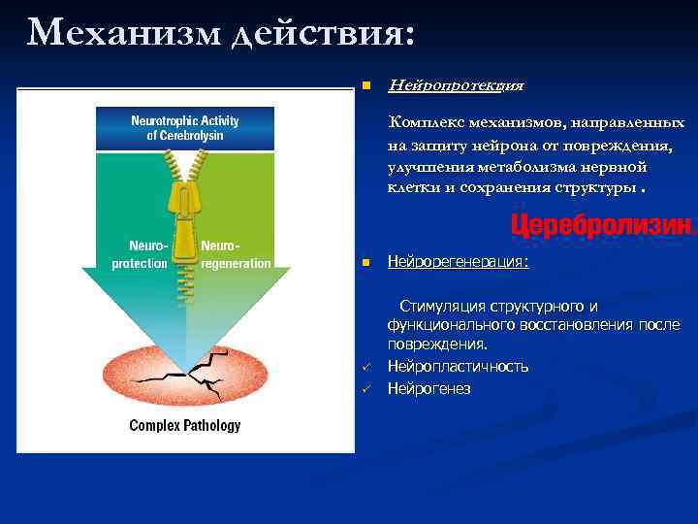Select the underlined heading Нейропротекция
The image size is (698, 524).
click(455, 85)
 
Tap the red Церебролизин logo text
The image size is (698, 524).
click(601, 226)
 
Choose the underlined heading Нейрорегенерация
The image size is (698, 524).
click(458, 262)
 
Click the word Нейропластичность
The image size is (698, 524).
click(458, 366)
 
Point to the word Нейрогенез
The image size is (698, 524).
click(428, 388)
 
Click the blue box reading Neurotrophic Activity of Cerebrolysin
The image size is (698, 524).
click(184, 128)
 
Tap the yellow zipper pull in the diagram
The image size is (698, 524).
click(185, 209)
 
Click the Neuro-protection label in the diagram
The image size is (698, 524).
click(141, 254)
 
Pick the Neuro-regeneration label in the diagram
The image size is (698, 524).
click(235, 254)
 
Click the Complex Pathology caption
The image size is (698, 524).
click(185, 425)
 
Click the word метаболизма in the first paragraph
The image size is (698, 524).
click(513, 166)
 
